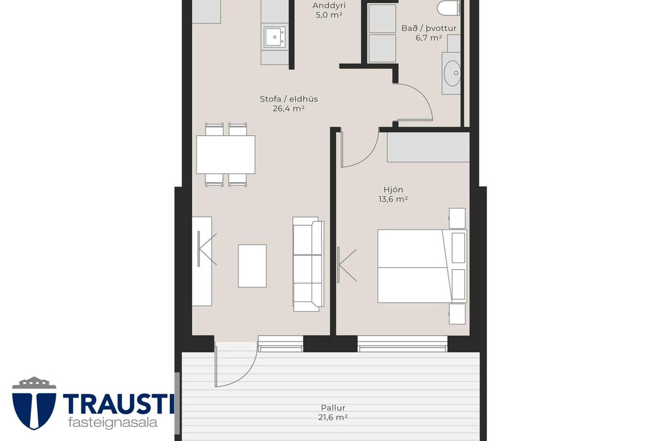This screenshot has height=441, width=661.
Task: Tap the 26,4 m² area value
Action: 288,108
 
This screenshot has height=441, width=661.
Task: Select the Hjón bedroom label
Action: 393,190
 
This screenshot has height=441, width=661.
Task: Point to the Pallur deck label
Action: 333,408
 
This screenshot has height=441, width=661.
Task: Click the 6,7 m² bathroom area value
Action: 429,38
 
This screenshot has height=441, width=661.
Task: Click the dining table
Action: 225,155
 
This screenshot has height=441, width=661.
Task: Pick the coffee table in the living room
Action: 252,266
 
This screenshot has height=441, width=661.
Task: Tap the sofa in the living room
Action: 308,264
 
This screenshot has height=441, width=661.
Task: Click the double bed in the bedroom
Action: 414,266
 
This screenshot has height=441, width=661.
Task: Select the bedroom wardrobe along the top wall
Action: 428,148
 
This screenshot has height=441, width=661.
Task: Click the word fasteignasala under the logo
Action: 112,423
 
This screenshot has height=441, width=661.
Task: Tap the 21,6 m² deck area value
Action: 333,418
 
